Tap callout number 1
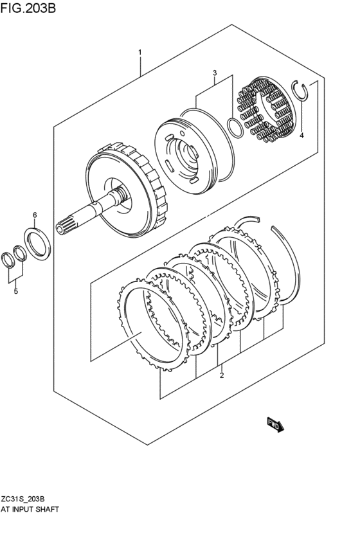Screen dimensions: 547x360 [x=139, y=51]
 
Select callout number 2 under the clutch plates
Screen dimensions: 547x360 [x=222, y=375]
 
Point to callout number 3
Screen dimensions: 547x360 [x=215, y=73]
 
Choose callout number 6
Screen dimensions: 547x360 [x=35, y=215]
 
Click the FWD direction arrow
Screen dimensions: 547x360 [x=276, y=425]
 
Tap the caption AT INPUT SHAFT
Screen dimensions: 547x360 [x=30, y=509]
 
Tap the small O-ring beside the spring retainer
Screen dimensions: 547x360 [x=235, y=127]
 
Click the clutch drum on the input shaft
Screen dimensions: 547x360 [x=129, y=190]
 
